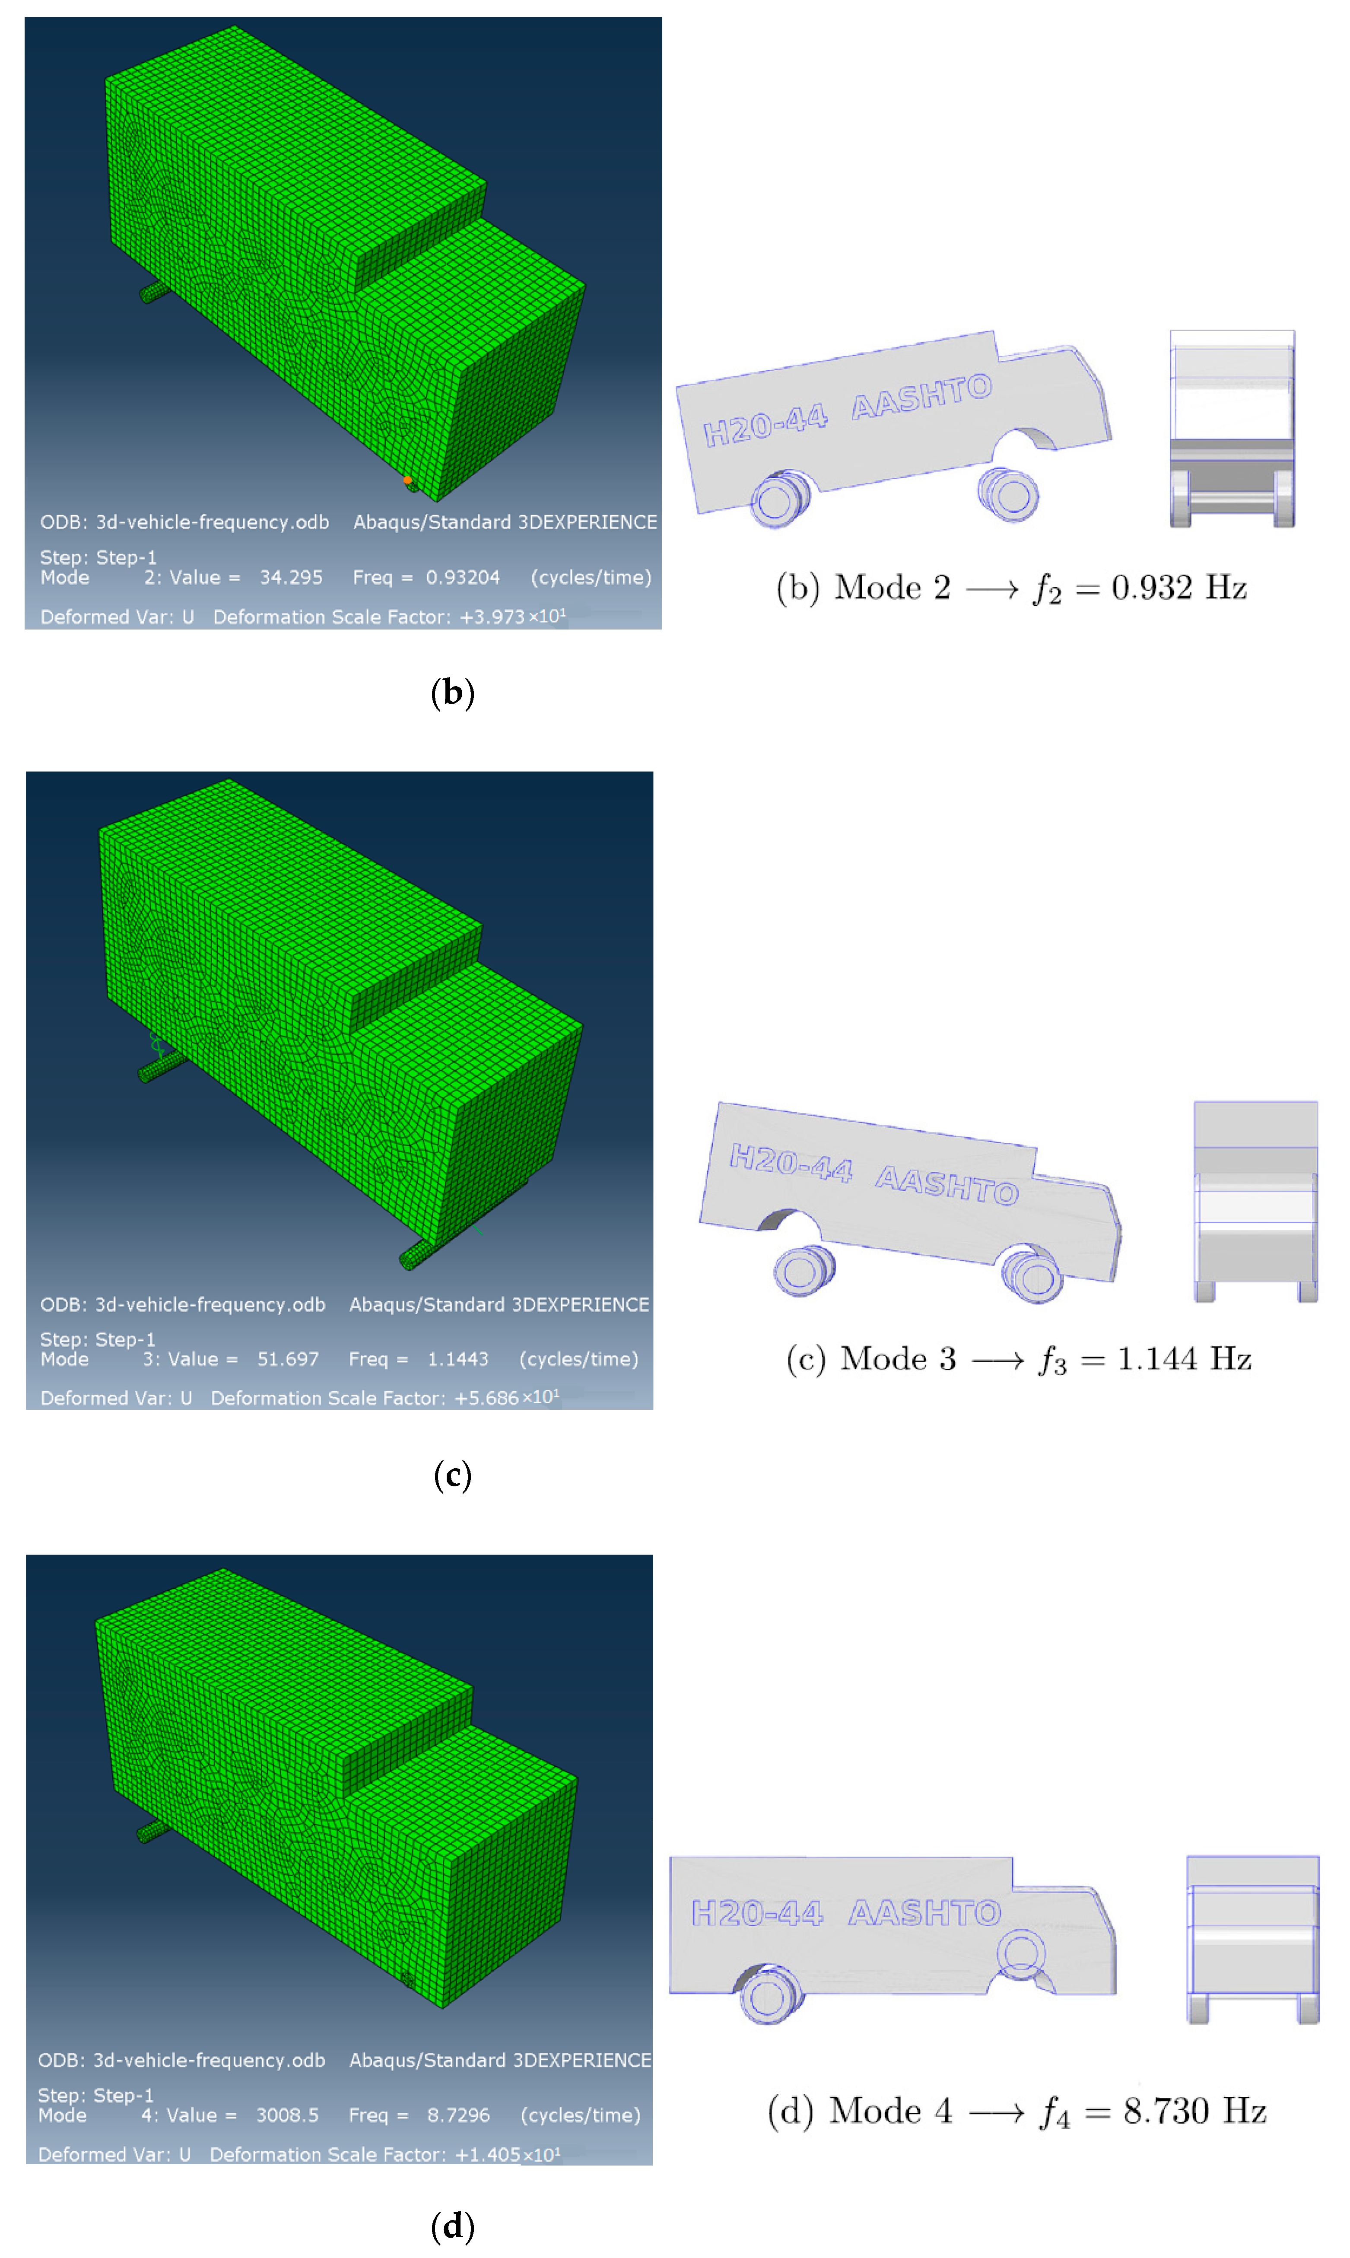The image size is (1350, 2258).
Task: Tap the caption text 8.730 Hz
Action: (1195, 2111)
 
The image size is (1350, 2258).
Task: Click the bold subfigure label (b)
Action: (452, 693)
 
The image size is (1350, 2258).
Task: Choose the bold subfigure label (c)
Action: (452, 1475)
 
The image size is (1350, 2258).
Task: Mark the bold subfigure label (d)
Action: (452, 2226)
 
